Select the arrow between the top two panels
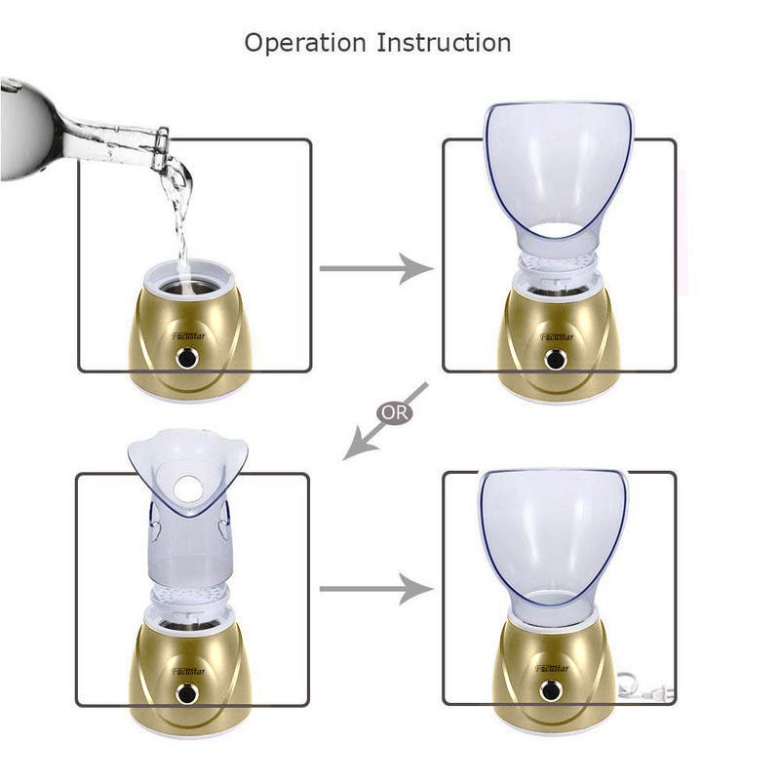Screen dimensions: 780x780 click(375, 268)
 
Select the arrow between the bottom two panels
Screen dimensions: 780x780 click(375, 589)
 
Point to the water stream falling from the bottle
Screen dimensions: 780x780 click(178, 214)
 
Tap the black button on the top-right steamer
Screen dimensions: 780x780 click(556, 359)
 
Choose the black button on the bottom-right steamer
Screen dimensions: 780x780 click(551, 691)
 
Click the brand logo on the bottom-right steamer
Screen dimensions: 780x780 click(554, 669)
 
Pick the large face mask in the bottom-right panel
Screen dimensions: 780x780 click(553, 541)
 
